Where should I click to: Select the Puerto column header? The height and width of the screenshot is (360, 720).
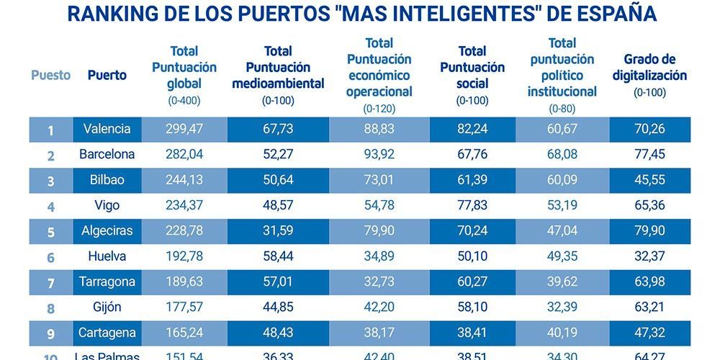(107, 75)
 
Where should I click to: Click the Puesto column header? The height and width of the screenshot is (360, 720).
(50, 75)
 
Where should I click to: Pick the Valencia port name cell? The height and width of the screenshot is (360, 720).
(107, 129)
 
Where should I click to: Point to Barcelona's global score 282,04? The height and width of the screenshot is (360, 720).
(184, 154)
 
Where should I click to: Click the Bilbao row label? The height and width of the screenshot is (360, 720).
(107, 180)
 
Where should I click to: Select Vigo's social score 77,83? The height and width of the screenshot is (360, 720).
(472, 205)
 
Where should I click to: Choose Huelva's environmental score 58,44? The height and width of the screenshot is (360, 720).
(278, 256)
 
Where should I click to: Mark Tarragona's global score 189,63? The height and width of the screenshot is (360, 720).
(184, 282)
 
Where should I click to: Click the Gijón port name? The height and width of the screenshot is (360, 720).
(107, 307)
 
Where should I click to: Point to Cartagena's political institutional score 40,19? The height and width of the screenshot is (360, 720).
(562, 333)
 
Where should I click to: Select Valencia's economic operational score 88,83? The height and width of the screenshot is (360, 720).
(379, 129)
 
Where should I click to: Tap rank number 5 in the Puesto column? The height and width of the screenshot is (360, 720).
(50, 232)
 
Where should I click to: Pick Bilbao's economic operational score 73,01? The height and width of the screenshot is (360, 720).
(379, 180)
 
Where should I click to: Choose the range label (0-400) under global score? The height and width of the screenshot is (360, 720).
(184, 102)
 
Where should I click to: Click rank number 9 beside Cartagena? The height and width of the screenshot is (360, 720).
(50, 333)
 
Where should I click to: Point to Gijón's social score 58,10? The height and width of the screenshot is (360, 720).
(472, 307)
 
